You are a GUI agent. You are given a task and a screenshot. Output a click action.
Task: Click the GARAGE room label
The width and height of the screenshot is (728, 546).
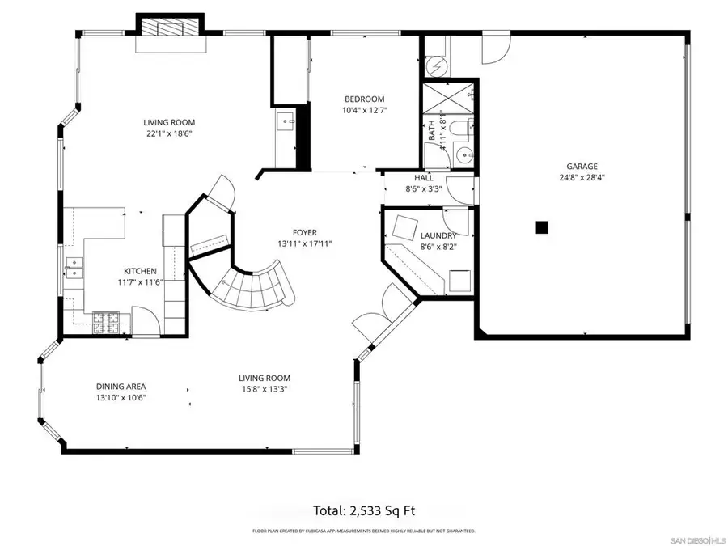pyautogui.click(x=582, y=167)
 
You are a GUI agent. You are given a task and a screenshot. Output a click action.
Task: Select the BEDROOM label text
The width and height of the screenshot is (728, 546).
pyautogui.click(x=364, y=99)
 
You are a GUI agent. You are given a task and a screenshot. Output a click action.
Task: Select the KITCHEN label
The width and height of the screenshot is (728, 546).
pyautogui.click(x=140, y=272)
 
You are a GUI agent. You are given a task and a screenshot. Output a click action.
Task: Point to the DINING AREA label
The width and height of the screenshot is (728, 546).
pyautogui.click(x=121, y=387)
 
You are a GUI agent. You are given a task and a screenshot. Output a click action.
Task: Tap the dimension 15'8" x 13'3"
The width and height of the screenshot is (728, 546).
pyautogui.click(x=265, y=389)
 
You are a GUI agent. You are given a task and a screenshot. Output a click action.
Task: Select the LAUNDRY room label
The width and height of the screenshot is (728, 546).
pyautogui.click(x=438, y=236)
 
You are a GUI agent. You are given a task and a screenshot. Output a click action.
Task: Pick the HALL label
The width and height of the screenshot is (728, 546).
pyautogui.click(x=423, y=178)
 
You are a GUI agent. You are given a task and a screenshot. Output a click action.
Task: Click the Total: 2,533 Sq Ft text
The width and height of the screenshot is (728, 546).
pyautogui.click(x=364, y=510)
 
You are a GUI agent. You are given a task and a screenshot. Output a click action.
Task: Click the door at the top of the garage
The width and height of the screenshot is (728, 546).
pyautogui.click(x=493, y=49)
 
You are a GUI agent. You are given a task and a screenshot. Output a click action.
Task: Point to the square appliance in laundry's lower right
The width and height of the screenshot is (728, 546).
pyautogui.click(x=460, y=281)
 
